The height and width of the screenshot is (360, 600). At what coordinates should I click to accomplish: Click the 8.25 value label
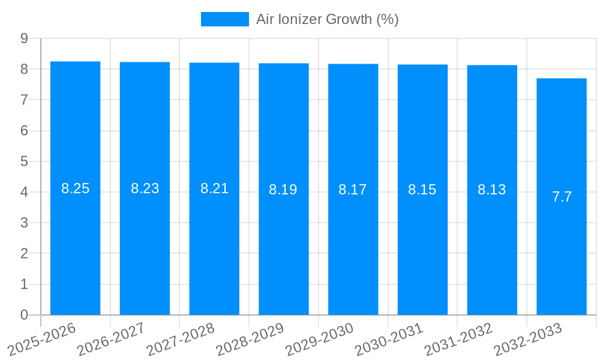click(75, 188)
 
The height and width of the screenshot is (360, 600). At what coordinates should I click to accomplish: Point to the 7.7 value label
click(562, 197)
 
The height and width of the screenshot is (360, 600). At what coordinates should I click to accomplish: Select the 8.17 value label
click(353, 190)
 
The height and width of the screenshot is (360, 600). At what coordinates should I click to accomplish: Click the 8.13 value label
click(492, 190)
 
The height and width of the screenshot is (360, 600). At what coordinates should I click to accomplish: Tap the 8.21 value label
click(214, 188)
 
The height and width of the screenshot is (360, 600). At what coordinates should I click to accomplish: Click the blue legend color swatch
click(224, 19)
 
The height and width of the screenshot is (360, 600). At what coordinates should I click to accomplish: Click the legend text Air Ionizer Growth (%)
click(328, 19)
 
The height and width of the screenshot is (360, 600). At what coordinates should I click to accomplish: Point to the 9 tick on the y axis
click(24, 38)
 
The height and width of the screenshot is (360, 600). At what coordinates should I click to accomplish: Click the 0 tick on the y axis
click(24, 315)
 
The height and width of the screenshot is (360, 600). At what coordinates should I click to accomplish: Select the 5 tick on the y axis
click(24, 161)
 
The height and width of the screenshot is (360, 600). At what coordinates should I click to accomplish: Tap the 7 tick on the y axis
click(24, 100)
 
